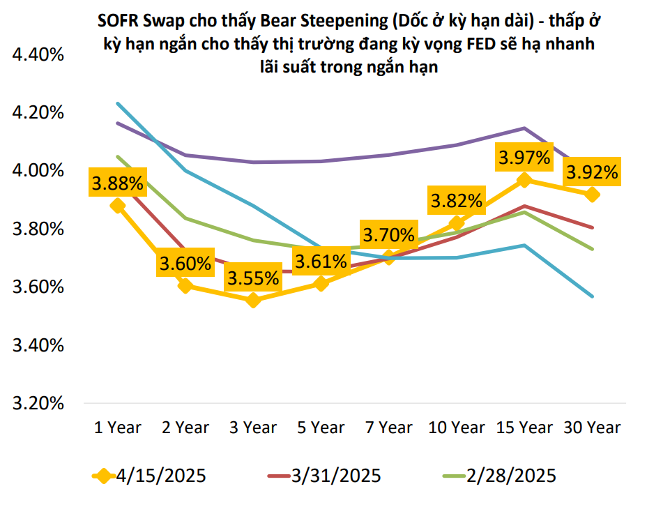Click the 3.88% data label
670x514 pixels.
(x=117, y=184)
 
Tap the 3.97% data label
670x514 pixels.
(x=524, y=158)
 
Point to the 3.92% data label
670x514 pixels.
(x=592, y=172)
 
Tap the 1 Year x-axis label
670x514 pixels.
(x=118, y=428)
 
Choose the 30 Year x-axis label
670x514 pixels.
(x=592, y=428)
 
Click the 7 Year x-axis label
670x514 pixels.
(x=388, y=428)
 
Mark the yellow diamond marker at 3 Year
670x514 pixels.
(x=253, y=301)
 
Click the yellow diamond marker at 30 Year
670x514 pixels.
(x=592, y=195)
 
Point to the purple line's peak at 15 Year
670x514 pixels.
(x=524, y=128)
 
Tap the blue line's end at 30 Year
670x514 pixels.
(x=593, y=296)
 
